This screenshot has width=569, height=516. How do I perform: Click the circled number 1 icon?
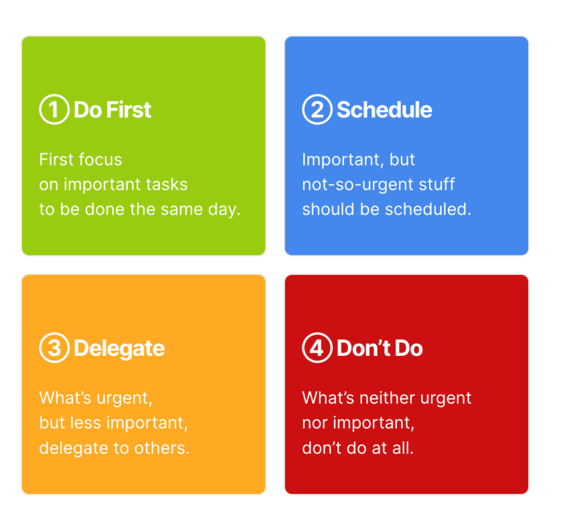[54, 109]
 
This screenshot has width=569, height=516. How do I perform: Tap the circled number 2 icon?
[317, 109]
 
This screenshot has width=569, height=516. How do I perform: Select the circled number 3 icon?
[54, 348]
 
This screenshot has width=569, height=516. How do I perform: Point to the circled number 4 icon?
[317, 348]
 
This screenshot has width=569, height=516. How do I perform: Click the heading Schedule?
[385, 110]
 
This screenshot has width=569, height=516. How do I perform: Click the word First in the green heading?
[129, 110]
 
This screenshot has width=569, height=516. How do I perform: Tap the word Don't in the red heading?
[363, 348]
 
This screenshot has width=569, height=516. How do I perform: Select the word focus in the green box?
[100, 159]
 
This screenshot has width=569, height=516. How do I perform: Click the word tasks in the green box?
[167, 184]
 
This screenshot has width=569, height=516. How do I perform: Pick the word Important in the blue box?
[341, 160]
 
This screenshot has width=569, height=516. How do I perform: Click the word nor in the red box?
[315, 424]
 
